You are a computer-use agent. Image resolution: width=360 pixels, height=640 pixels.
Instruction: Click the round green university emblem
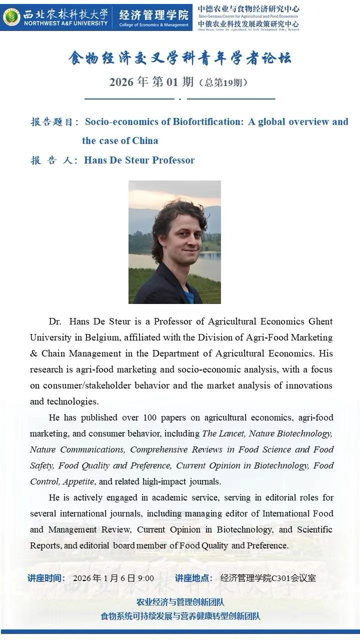(11, 17)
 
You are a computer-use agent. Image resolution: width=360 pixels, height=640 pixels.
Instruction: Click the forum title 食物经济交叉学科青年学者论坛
(179, 58)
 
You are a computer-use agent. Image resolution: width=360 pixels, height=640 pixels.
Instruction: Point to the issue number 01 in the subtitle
(172, 82)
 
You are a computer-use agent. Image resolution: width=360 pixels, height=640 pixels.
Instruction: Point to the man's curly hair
(175, 212)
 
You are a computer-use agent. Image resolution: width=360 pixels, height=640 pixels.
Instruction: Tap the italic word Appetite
(78, 481)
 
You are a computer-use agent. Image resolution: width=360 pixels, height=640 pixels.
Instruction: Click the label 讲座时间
(45, 578)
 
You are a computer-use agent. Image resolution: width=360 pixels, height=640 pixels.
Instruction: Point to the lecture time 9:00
(146, 578)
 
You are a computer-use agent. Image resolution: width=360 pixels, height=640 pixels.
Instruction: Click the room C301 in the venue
(282, 578)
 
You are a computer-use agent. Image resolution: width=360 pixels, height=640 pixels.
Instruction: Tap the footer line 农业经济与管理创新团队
(180, 602)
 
